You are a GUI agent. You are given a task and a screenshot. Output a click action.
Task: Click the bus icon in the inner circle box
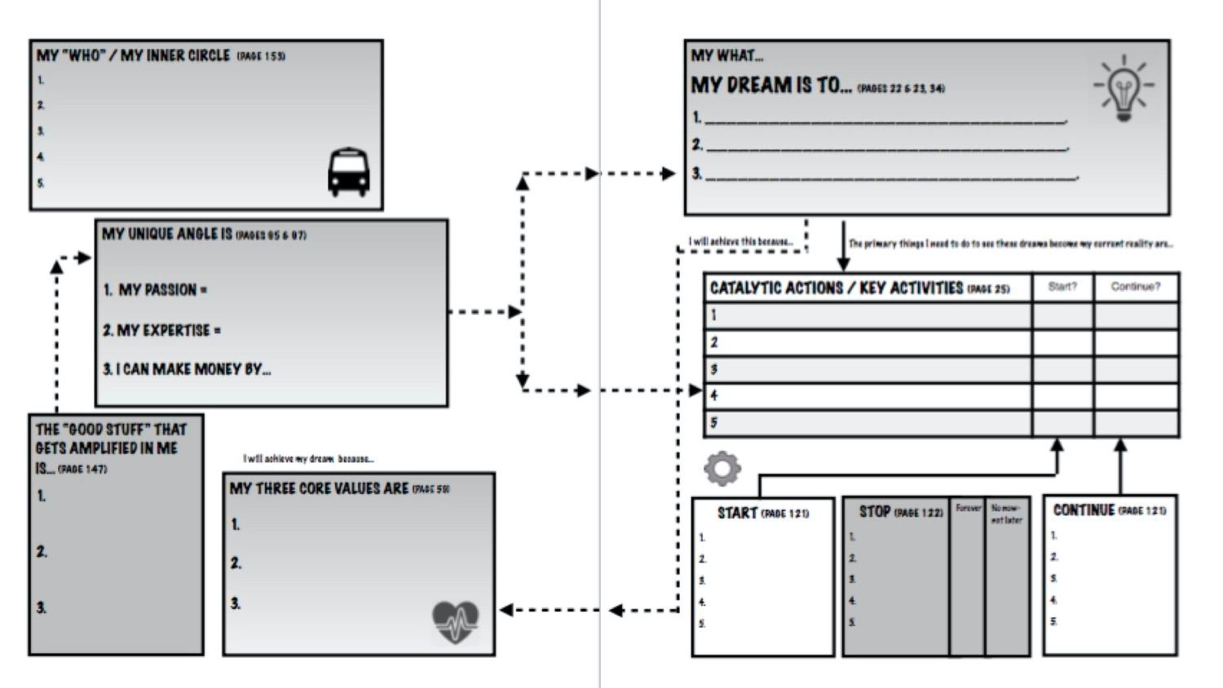tap(348, 172)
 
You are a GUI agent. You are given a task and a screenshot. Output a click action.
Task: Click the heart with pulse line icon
tap(455, 622)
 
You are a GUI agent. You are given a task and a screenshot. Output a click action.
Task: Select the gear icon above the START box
tap(722, 469)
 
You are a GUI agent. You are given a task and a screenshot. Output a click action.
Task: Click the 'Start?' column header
tap(1062, 287)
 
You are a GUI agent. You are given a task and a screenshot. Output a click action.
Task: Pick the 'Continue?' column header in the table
tap(1135, 287)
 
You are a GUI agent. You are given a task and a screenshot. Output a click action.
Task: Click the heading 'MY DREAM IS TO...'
tap(770, 86)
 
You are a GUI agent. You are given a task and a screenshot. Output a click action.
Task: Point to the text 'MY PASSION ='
tap(155, 290)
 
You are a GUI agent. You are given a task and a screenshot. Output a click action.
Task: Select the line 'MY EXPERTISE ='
tap(161, 330)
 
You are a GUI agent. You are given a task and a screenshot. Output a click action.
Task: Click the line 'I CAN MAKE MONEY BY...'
tap(187, 369)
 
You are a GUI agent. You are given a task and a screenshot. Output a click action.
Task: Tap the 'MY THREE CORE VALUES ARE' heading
tap(319, 488)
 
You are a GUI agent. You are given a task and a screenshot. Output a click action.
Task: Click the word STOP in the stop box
tap(874, 512)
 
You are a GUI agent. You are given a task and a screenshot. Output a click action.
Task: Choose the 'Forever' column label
tap(968, 508)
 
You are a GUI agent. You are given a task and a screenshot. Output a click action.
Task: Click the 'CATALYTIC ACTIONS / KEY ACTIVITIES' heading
tap(836, 288)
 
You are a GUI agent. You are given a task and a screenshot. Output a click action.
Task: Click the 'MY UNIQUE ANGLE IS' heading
tap(167, 234)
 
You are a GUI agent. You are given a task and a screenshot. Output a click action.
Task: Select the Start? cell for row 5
tap(1062, 423)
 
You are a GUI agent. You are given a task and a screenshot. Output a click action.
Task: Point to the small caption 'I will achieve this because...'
tap(740, 241)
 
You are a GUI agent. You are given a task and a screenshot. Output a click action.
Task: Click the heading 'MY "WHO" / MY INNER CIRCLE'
tap(133, 55)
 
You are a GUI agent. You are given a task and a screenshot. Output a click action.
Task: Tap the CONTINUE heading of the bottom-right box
tap(1084, 510)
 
